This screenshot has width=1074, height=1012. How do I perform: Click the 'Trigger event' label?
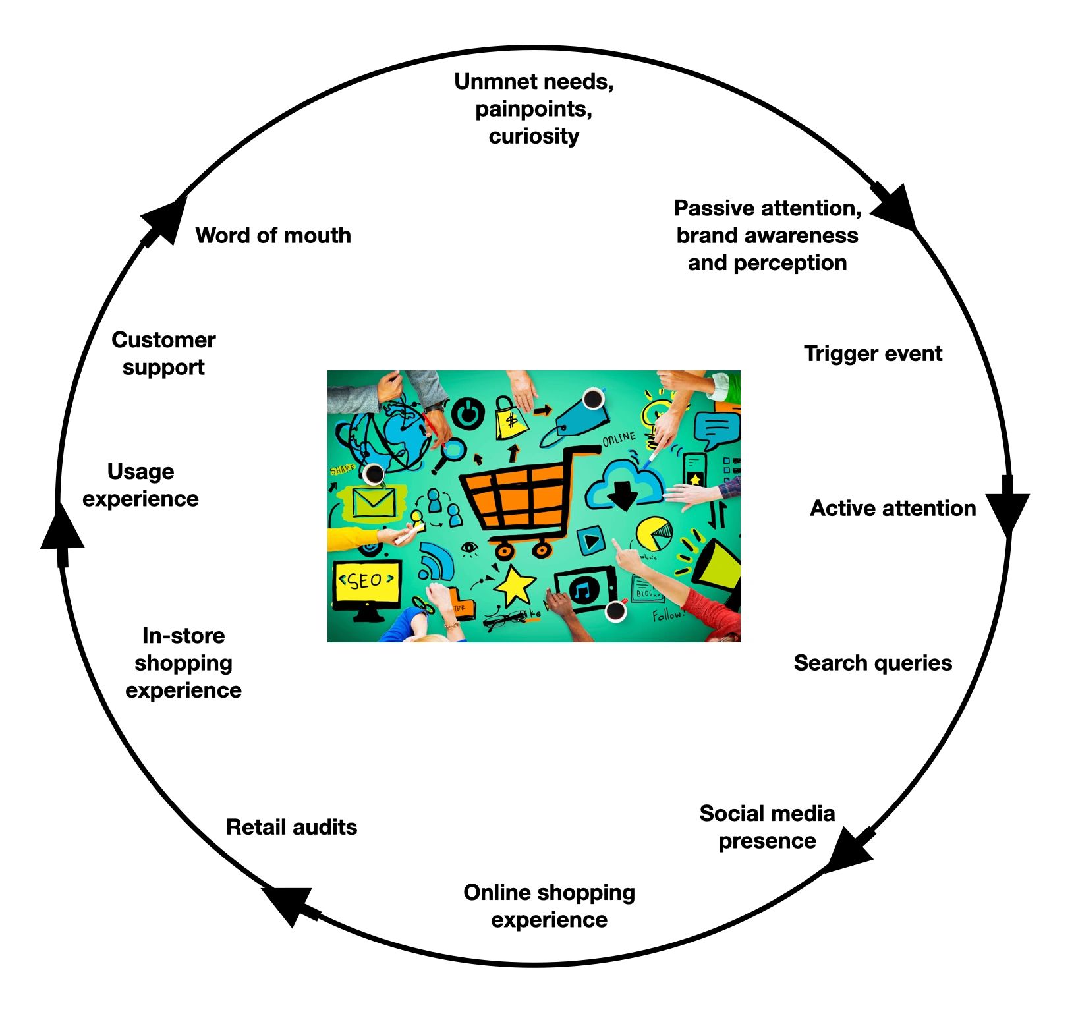872,354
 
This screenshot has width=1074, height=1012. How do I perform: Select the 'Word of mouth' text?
273,235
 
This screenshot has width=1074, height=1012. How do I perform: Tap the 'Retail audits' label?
291,827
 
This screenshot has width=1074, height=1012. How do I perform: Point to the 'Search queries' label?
872,663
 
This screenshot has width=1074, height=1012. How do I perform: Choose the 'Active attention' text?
892,508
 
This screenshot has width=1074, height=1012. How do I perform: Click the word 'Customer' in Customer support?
163,339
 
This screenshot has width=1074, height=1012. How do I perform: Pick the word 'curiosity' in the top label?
534,136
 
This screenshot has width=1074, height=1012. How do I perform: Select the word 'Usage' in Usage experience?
140,471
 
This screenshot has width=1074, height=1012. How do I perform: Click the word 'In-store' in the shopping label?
183,636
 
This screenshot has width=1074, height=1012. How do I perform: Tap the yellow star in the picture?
514,584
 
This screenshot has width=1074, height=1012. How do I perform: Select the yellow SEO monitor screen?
366,581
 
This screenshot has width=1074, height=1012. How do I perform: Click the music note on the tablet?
584,590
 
